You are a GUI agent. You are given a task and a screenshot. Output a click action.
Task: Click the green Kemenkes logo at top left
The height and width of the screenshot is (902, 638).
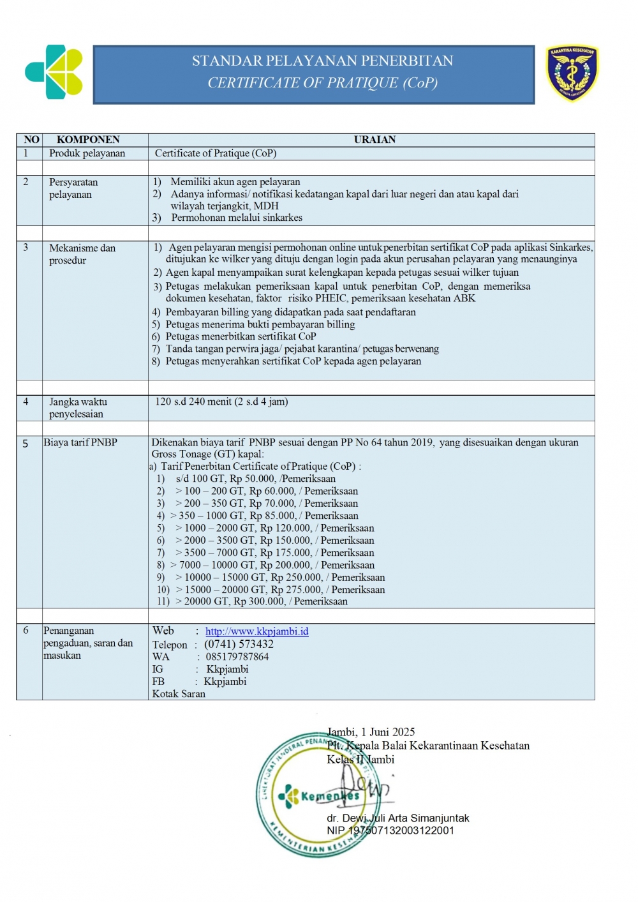click(54, 71)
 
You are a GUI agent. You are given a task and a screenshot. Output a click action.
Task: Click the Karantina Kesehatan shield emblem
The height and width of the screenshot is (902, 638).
click(572, 73)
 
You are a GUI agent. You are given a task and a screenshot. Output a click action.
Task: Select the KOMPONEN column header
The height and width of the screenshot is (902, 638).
click(88, 140)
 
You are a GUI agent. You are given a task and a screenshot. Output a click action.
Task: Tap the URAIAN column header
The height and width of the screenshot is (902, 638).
click(375, 140)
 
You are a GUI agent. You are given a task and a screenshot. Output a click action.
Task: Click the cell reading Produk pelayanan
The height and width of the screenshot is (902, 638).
click(87, 153)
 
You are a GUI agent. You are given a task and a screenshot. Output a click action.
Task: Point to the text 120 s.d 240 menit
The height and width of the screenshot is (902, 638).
click(193, 402)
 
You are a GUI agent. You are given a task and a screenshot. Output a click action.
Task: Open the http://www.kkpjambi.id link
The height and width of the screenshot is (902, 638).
click(256, 631)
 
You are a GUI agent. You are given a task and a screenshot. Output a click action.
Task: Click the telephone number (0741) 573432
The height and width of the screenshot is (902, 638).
click(239, 644)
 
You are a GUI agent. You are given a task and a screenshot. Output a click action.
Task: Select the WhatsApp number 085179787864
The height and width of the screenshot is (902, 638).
click(237, 657)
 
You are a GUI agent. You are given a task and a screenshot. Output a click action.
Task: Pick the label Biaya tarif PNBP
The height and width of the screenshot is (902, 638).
click(80, 442)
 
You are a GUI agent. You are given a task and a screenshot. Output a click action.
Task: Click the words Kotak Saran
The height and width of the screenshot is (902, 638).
click(179, 694)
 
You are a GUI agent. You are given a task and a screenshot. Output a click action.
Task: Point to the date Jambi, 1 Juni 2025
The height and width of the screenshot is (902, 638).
click(371, 732)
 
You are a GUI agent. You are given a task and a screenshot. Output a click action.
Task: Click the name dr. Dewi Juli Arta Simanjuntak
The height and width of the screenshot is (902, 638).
click(398, 818)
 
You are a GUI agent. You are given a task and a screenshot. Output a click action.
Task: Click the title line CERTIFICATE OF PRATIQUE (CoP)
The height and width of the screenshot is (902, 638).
click(322, 83)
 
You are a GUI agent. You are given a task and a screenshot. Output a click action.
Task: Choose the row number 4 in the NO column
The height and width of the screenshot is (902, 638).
click(26, 402)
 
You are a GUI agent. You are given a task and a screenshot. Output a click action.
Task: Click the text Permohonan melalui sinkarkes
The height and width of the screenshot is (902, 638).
click(237, 218)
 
